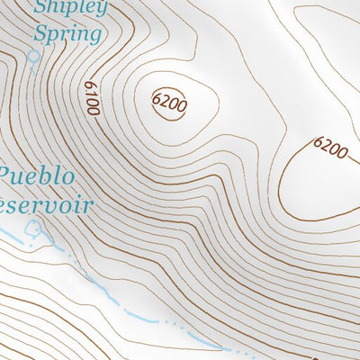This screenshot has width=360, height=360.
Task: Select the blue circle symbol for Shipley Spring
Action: click(x=34, y=56)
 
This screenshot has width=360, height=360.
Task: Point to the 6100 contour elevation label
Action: click(x=91, y=97)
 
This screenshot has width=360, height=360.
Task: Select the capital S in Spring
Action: click(x=40, y=33)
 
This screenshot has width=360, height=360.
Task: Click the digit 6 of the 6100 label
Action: click(x=88, y=85)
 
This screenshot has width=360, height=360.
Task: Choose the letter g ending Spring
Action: click(x=94, y=37)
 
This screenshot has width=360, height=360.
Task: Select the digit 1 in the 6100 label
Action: click(x=90, y=94)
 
